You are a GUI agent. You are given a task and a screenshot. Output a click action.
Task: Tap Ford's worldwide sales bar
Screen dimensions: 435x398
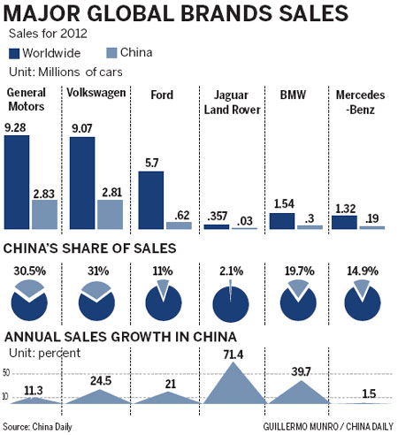tap(150, 200)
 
